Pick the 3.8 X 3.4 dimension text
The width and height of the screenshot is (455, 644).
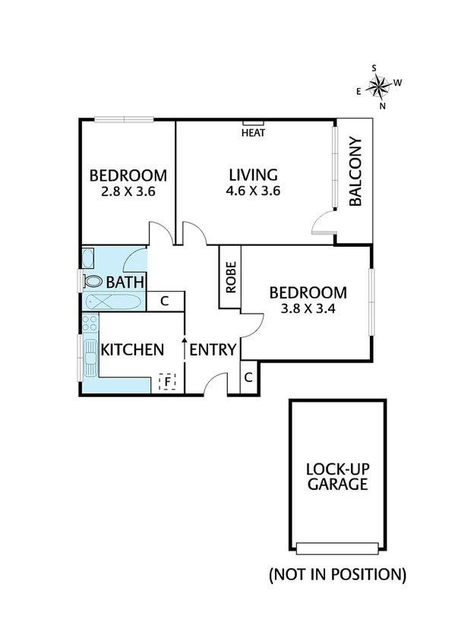coord(308,309)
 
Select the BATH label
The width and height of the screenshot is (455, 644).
coord(125,283)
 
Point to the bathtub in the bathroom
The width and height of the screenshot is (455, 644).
coord(112,302)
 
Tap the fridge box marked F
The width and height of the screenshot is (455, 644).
coord(166,380)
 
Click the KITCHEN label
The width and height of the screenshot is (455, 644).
coord(133,349)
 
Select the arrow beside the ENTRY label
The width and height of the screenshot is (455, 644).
coord(185,349)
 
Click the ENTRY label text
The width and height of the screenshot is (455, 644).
coord(213,349)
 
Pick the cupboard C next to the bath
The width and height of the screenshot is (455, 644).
coord(165,301)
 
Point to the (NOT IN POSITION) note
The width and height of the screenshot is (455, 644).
coord(337,573)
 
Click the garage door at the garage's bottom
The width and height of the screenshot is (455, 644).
coord(337,548)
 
